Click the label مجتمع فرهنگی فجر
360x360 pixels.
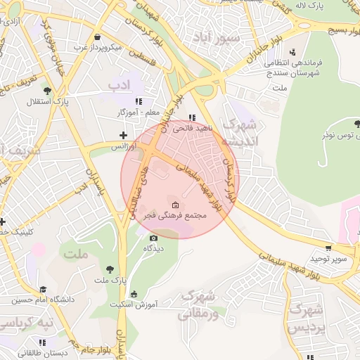point(178,217)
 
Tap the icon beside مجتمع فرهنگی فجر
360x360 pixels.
point(175,205)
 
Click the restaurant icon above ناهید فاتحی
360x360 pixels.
point(192,118)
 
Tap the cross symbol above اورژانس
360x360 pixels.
point(124,135)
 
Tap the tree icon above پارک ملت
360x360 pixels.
point(109,269)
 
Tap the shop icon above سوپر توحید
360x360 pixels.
point(328,247)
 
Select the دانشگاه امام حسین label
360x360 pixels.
point(42,300)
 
